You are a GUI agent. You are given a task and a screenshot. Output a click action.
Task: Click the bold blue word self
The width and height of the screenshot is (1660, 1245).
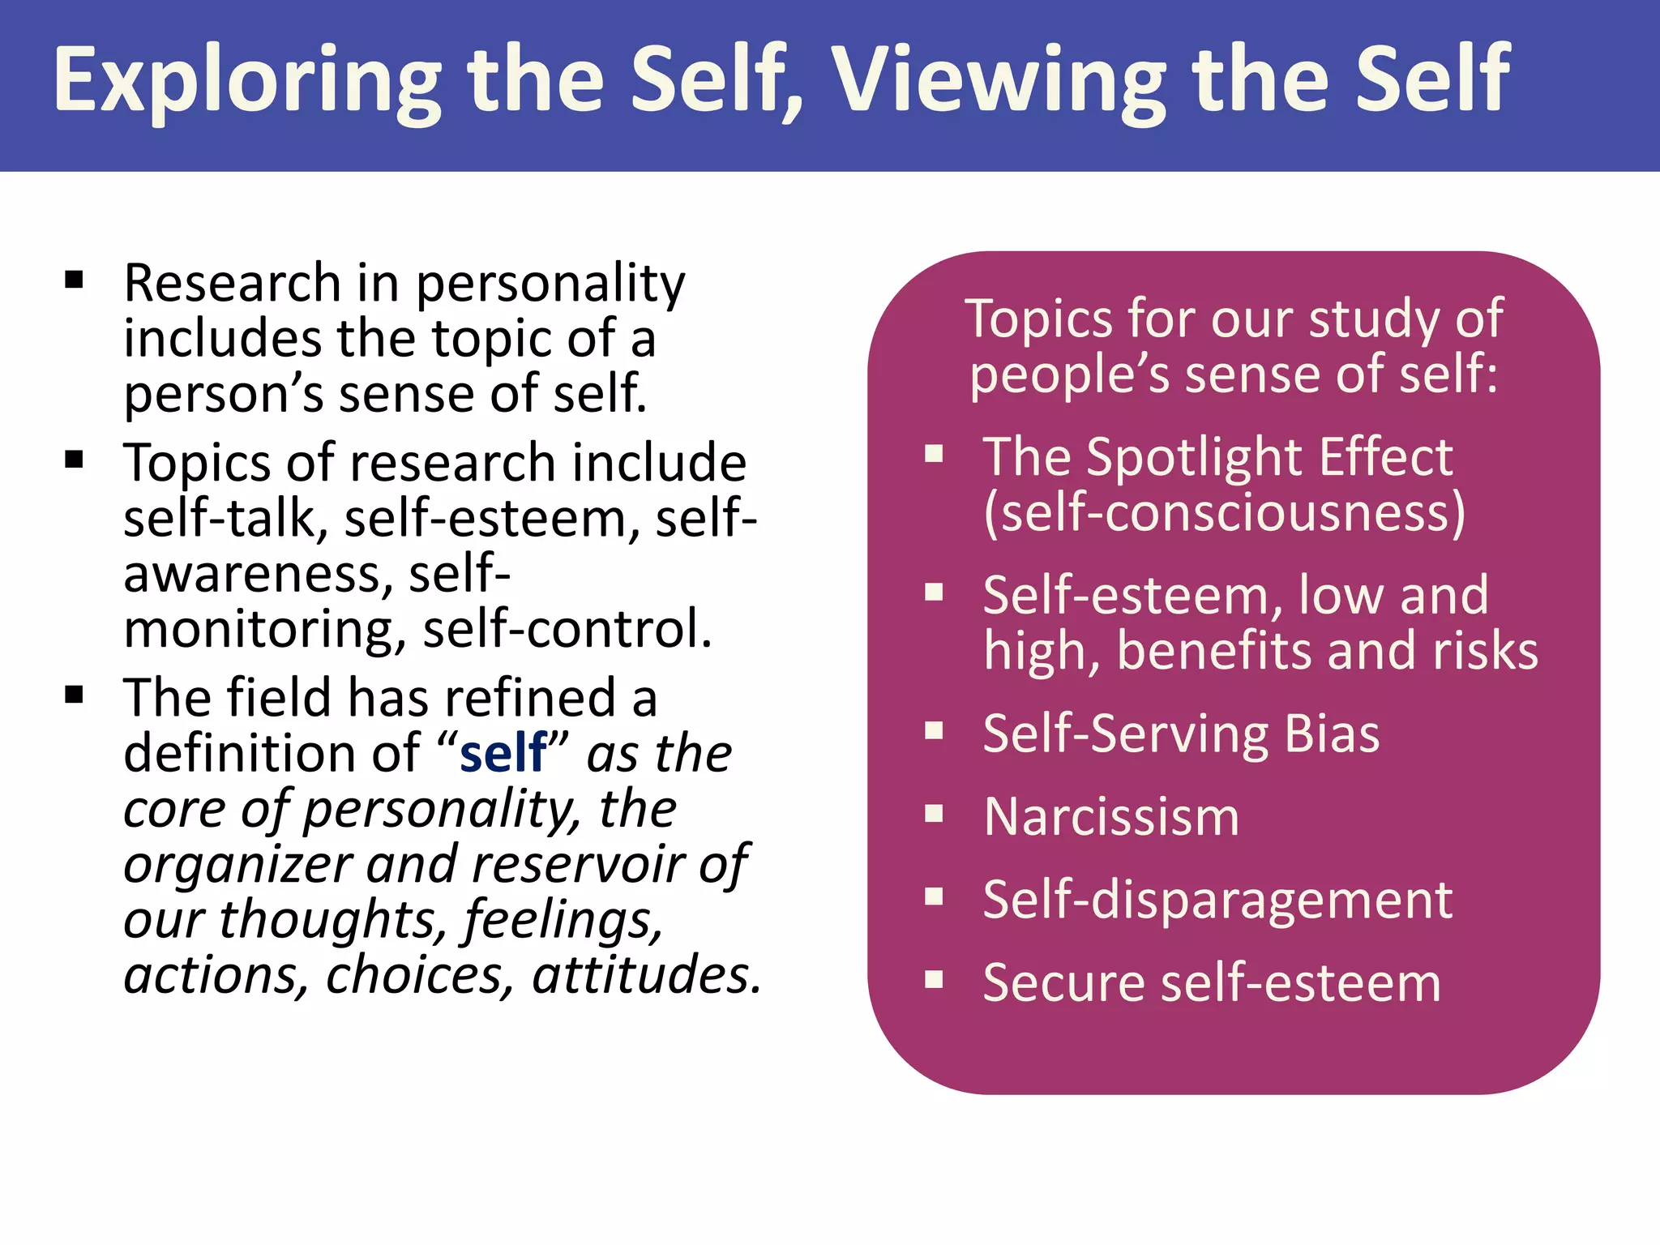tap(503, 753)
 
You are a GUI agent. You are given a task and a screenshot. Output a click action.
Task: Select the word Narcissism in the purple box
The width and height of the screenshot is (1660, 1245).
tap(1111, 816)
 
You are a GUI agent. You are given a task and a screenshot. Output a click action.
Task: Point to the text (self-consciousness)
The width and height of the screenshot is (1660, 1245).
tap(1224, 513)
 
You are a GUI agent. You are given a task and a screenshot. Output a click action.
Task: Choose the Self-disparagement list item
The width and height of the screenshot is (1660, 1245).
tap(1217, 900)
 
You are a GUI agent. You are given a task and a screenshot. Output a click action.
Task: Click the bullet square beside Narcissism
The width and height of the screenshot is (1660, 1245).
tap(935, 813)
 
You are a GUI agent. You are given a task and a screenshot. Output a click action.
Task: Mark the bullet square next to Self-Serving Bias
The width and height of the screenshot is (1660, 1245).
tap(935, 731)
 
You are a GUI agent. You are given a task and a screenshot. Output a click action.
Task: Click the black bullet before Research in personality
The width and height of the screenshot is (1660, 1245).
tap(75, 280)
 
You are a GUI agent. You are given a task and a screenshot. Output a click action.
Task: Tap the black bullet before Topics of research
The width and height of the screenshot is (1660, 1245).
tap(75, 460)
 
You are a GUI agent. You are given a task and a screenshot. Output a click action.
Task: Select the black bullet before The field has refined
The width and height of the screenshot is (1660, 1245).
tap(75, 695)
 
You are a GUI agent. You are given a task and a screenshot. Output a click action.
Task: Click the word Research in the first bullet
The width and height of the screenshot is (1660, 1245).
tap(233, 284)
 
